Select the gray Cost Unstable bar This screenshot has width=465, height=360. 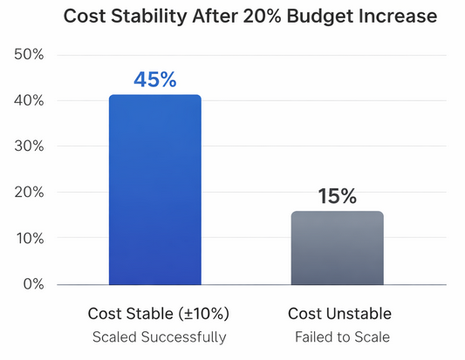[337, 248]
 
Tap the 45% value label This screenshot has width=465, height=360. [154, 79]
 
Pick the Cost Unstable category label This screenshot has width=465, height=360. [339, 314]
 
